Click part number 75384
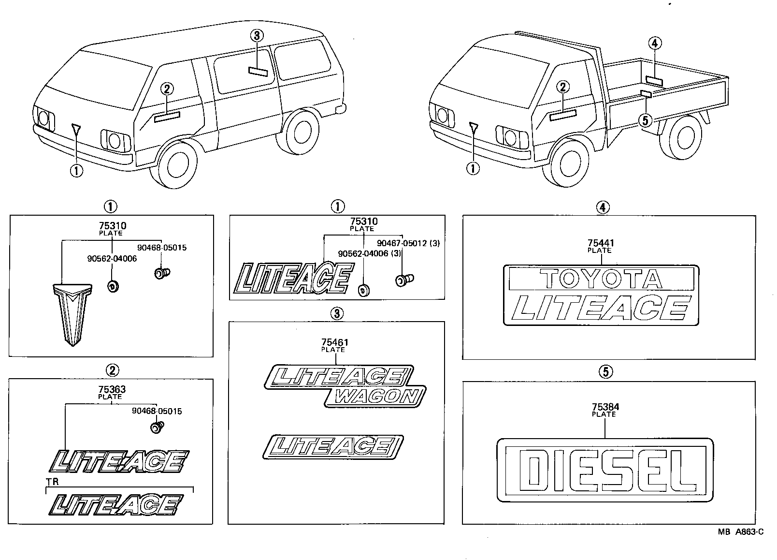604,407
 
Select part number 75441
600,243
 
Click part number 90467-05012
403,243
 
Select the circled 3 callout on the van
257,35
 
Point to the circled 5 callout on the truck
645,119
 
